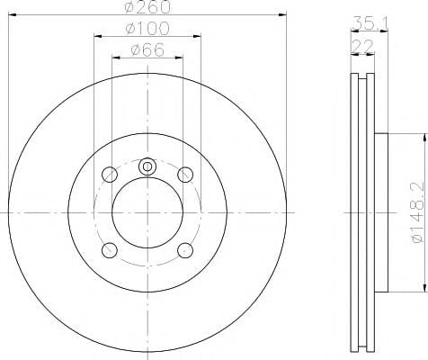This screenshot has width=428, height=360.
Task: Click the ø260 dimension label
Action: tap(147, 6)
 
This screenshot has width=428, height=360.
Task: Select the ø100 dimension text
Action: tap(147, 28)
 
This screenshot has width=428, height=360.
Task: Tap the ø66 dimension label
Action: tap(147, 49)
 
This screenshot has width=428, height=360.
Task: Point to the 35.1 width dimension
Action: tap(370, 23)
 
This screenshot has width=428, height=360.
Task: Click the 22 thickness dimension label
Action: tap(362, 46)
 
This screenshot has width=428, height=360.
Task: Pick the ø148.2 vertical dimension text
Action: tap(418, 212)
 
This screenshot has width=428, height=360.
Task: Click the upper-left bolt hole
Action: tap(110, 175)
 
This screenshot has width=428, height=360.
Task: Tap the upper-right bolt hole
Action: tap(185, 175)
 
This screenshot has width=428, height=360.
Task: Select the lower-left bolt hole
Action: tap(110, 250)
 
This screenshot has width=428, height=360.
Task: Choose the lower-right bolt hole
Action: tap(185, 250)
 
